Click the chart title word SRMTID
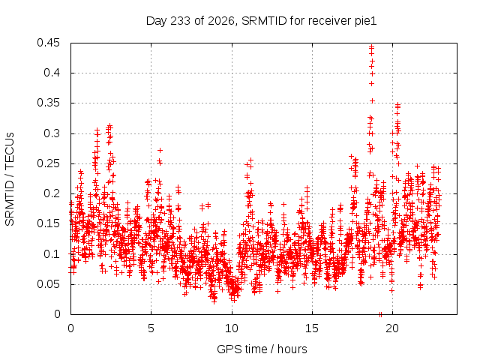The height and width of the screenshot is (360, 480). [x=264, y=21]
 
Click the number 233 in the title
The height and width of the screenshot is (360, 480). [x=181, y=21]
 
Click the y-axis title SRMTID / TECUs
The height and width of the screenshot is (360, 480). [x=10, y=179]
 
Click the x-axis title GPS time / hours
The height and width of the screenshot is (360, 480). [x=262, y=349]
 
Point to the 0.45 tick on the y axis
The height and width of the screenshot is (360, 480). [x=48, y=43]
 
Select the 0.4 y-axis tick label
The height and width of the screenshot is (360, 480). [x=52, y=73]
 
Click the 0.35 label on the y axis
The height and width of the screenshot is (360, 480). [x=48, y=103]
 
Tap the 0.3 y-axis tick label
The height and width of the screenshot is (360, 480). [x=52, y=133]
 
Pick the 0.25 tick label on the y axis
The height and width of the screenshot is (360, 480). [x=48, y=163]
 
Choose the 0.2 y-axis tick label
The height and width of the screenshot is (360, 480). [x=52, y=193]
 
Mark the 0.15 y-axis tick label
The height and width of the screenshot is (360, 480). [x=48, y=223]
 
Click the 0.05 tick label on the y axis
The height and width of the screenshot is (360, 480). [x=48, y=284]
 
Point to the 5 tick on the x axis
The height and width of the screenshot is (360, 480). [x=151, y=328]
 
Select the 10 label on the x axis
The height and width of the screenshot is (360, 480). [x=232, y=328]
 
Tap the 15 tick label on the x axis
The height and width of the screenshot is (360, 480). [x=312, y=328]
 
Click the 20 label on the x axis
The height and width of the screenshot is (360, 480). [x=392, y=328]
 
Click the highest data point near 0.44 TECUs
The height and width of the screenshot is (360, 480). [x=372, y=47]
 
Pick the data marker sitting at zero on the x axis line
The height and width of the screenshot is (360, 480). [x=380, y=314]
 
